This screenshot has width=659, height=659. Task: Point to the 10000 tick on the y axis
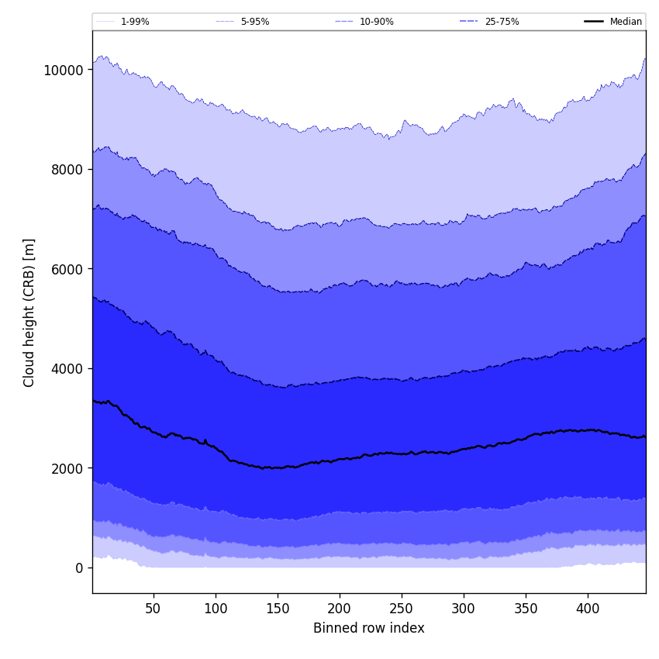point(64,70)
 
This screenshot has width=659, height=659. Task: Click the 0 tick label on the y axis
point(78,568)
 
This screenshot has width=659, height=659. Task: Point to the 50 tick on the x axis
point(154,609)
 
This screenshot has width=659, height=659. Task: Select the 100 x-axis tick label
point(216,609)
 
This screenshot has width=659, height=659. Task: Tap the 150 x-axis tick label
point(278,609)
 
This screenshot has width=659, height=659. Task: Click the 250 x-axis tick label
point(402,609)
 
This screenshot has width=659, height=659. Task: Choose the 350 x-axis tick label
point(526,609)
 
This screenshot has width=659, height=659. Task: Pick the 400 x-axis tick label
point(588,609)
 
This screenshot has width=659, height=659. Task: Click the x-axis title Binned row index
point(369,629)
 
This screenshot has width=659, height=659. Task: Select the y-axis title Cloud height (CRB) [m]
point(29,312)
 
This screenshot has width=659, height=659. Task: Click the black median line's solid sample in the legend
point(594,22)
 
